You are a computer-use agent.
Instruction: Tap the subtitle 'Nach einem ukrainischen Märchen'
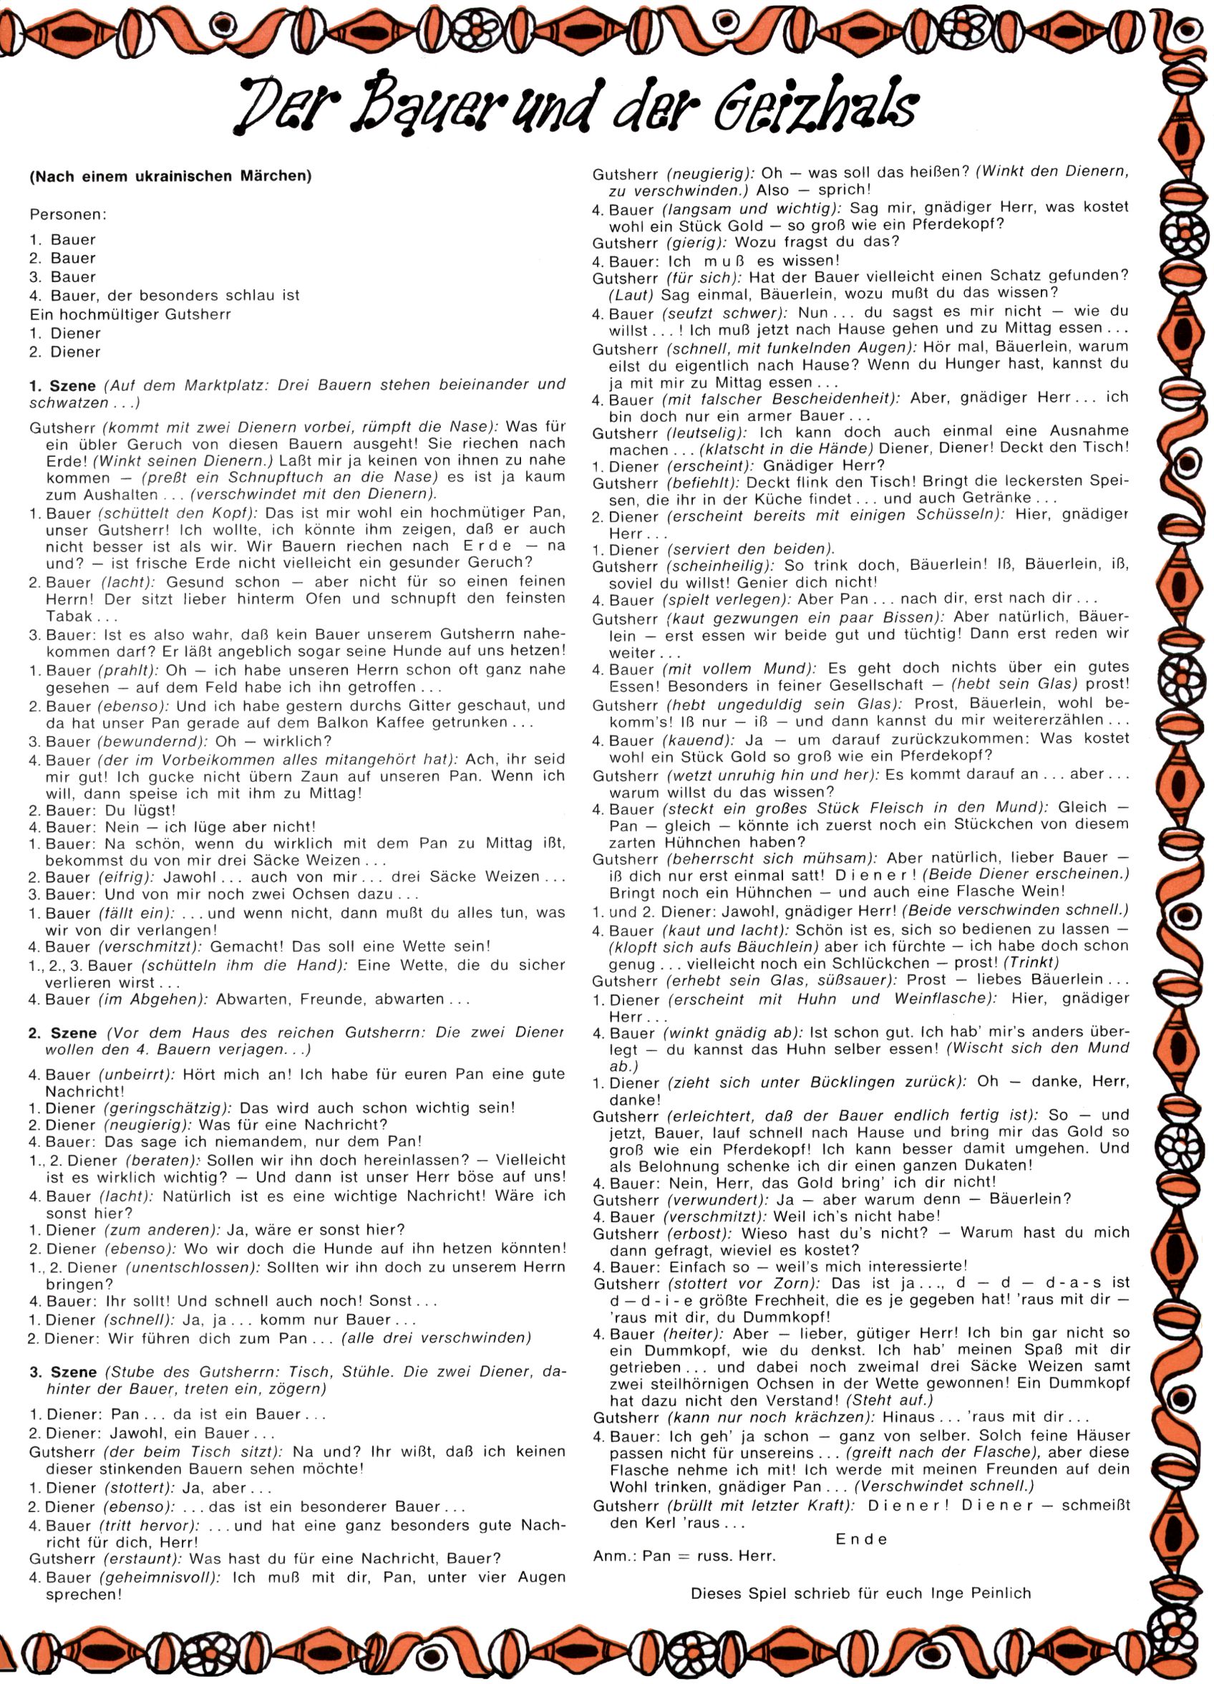tap(170, 177)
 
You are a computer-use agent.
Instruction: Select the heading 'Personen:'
tap(68, 215)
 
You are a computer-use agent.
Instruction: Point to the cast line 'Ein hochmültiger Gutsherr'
tap(130, 314)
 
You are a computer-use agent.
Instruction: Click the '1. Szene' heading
tap(62, 385)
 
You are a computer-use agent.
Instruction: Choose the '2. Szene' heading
tap(62, 1033)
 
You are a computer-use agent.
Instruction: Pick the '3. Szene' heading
tap(63, 1371)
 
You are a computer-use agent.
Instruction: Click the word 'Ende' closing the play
tap(860, 1539)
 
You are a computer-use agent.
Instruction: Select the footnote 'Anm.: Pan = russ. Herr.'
tap(684, 1556)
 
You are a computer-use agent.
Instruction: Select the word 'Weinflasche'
tap(939, 1000)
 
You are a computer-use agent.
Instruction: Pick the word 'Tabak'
tap(69, 616)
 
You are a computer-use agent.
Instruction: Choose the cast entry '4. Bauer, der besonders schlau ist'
tap(164, 296)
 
